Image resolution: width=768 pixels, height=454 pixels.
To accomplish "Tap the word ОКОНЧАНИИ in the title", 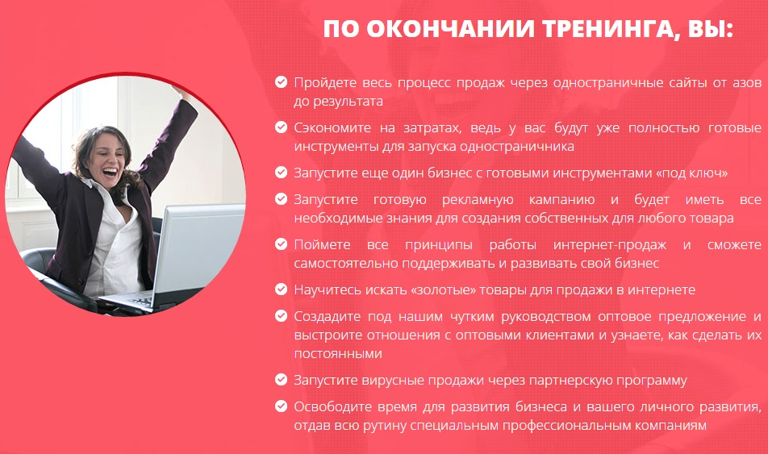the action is pyautogui.click(x=450, y=29).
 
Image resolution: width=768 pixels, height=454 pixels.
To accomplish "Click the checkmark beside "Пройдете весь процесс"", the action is pyautogui.click(x=281, y=81).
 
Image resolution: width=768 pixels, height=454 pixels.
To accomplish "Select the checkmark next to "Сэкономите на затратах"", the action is pyautogui.click(x=281, y=127).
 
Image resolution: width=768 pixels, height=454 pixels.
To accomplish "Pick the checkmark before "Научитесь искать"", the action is pyautogui.click(x=281, y=289).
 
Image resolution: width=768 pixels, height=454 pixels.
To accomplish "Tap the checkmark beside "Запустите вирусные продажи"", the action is pyautogui.click(x=281, y=380).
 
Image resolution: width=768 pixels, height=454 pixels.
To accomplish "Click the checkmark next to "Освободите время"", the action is pyautogui.click(x=281, y=406).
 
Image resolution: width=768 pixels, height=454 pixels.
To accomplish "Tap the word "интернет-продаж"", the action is pyautogui.click(x=610, y=245).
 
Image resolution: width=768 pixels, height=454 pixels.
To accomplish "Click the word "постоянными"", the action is pyautogui.click(x=338, y=353).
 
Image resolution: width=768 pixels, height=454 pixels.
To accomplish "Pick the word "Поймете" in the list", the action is pyautogui.click(x=323, y=245).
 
